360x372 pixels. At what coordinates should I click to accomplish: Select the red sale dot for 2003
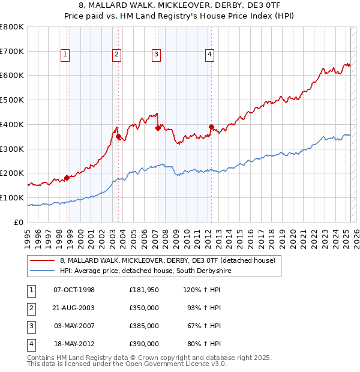point(118,136)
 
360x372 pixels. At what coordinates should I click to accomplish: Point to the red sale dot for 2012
point(211,127)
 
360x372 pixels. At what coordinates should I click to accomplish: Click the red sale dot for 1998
point(67,178)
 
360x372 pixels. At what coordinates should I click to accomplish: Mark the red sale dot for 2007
point(157,128)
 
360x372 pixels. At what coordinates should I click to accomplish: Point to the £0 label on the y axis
point(19,222)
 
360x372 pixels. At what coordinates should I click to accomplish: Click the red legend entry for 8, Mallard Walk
point(167,261)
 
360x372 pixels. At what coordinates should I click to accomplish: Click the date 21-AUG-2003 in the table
point(74,308)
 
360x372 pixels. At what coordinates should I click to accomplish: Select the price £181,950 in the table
point(143,290)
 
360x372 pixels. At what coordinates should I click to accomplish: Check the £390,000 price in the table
point(143,344)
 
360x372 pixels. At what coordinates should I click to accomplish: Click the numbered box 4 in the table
point(30,344)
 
